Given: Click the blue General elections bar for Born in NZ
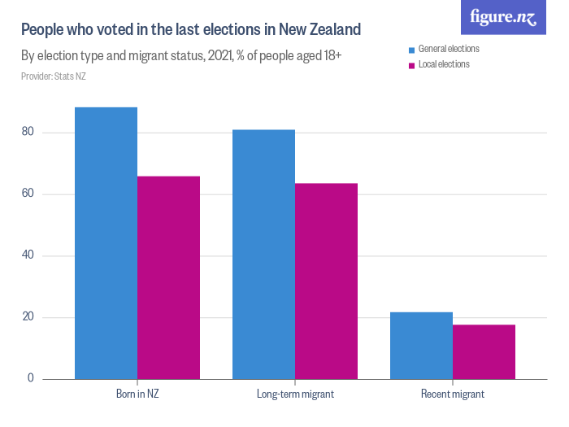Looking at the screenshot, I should (x=106, y=243).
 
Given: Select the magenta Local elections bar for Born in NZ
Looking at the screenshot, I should (x=168, y=277).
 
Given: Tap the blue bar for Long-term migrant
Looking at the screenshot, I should (x=263, y=254).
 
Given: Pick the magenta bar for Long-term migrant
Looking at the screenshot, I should (x=326, y=281).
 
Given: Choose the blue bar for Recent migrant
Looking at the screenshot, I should (x=421, y=346).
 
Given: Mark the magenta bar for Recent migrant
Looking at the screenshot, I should (x=484, y=352).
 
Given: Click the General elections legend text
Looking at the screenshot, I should (x=449, y=49).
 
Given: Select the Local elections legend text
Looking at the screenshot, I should (x=444, y=64).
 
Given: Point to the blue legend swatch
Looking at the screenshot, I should (x=412, y=50).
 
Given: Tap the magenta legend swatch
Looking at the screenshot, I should (x=412, y=65).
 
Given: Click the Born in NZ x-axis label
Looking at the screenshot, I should (x=137, y=394).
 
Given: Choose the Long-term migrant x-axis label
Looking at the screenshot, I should (x=295, y=394).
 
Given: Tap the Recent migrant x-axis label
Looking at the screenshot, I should (x=453, y=394).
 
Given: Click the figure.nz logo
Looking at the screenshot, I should (x=503, y=17).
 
